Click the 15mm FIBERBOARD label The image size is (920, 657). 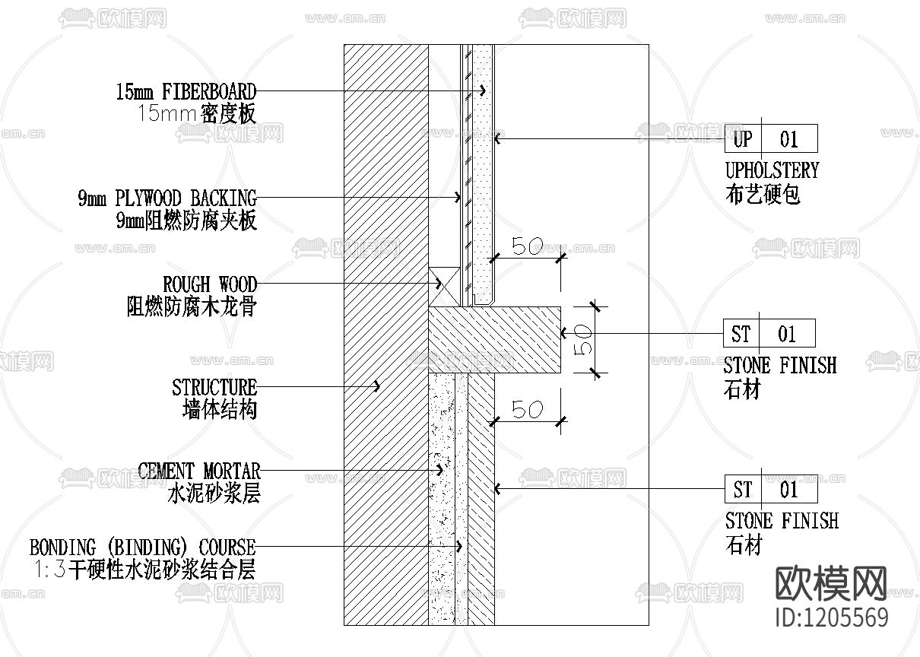[186, 93]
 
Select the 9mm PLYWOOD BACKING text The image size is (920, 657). [167, 199]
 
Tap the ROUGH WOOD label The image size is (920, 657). [210, 285]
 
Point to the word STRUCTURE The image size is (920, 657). [214, 388]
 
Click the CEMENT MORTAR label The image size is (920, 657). [199, 471]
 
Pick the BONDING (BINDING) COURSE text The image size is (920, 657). [142, 547]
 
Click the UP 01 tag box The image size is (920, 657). [770, 139]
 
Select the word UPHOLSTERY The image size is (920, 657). [772, 170]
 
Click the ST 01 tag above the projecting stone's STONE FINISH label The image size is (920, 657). [769, 334]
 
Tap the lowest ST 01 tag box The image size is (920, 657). [770, 489]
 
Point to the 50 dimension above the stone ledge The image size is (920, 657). [526, 247]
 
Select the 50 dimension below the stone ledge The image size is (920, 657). [526, 410]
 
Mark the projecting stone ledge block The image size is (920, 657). [494, 338]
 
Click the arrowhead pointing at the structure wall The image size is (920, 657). [377, 386]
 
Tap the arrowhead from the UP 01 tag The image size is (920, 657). [497, 138]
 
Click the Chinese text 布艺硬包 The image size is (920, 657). [763, 195]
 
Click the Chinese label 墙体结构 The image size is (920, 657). [220, 411]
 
